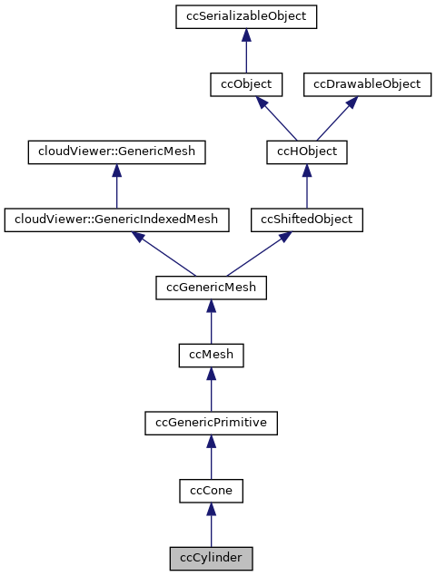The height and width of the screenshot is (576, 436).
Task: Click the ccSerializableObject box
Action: pyautogui.click(x=245, y=16)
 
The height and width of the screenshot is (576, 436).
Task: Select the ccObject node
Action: pyautogui.click(x=245, y=83)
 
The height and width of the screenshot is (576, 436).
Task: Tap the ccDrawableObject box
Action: pyautogui.click(x=367, y=83)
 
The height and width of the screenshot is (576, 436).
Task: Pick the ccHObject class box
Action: pyautogui.click(x=306, y=151)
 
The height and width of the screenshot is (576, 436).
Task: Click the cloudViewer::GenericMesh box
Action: pyautogui.click(x=116, y=151)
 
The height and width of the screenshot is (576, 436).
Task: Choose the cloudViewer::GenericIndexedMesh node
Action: pyautogui.click(x=116, y=220)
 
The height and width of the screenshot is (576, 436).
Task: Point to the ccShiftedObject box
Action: pyautogui.click(x=306, y=220)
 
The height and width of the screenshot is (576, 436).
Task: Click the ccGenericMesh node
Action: pyautogui.click(x=211, y=288)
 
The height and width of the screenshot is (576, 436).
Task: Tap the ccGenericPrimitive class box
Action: pyautogui.click(x=211, y=423)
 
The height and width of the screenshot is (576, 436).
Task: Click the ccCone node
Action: pyautogui.click(x=211, y=491)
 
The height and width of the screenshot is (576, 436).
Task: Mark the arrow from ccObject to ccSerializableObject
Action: pyautogui.click(x=245, y=50)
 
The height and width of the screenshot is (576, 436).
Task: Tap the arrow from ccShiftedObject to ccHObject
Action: pyautogui.click(x=306, y=186)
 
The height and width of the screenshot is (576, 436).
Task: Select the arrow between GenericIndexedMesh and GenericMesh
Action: pyautogui.click(x=116, y=186)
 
